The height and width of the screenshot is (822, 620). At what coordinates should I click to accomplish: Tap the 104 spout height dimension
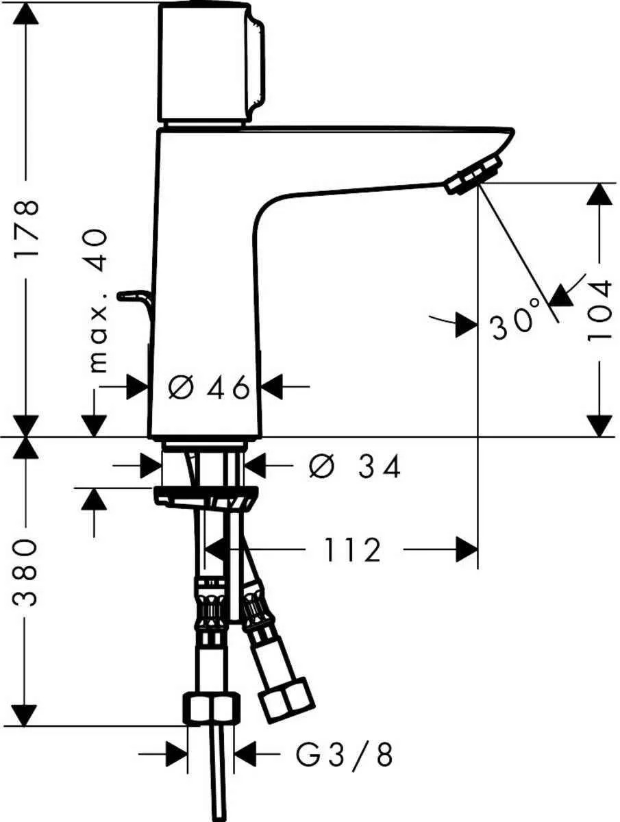coord(600,310)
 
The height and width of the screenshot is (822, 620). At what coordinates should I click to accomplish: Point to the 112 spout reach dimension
coord(351,550)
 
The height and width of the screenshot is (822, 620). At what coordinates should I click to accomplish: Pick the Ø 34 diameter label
coord(354,467)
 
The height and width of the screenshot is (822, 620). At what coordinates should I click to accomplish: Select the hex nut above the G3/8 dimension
coord(212,708)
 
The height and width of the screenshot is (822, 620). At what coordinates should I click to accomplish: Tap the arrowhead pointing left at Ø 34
coord(255,467)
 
